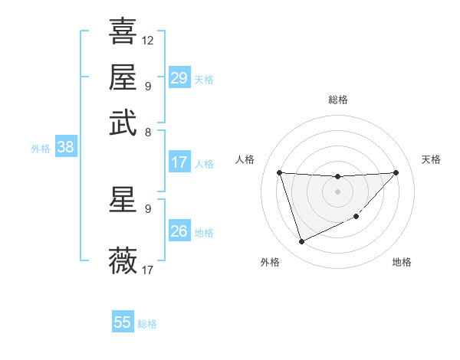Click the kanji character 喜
click(123, 31)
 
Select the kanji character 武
click(123, 122)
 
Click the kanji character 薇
click(123, 261)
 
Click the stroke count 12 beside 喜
click(148, 40)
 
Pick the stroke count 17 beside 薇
click(148, 270)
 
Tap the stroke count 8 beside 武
click(148, 131)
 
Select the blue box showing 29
click(179, 78)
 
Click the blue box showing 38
click(65, 148)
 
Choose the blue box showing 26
click(179, 231)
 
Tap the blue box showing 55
click(123, 322)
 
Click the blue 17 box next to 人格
click(179, 162)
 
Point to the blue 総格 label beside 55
click(147, 324)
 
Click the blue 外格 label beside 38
click(40, 149)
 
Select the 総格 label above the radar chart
click(337, 100)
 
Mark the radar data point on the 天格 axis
click(396, 173)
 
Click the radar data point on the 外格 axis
click(301, 242)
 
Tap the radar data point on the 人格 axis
click(279, 172)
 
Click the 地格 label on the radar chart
click(402, 263)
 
